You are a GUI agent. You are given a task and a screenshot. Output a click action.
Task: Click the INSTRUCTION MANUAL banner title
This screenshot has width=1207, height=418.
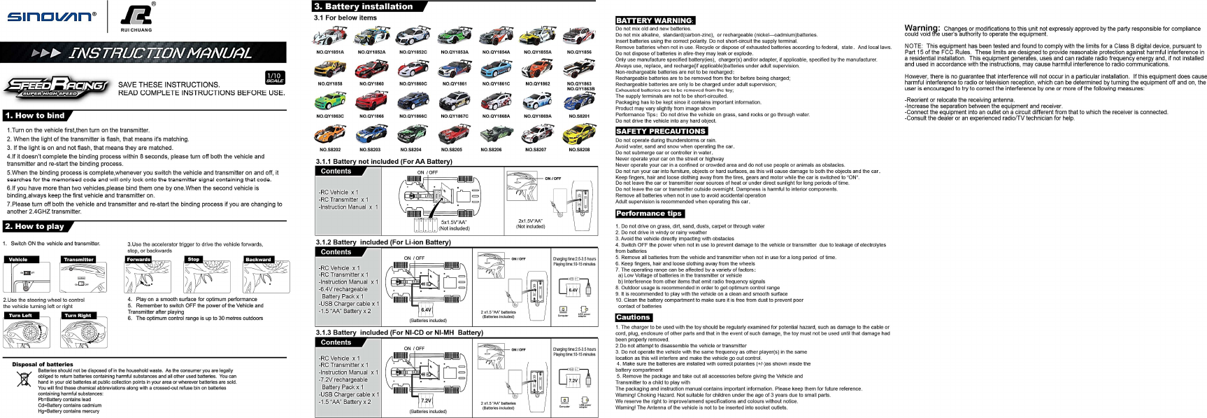click(160, 53)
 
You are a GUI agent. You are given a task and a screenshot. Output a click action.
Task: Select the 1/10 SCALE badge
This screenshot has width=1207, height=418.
click(275, 78)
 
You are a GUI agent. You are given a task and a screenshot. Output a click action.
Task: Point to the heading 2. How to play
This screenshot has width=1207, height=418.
click(34, 226)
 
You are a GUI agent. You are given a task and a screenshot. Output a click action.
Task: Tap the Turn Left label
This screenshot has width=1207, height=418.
click(20, 316)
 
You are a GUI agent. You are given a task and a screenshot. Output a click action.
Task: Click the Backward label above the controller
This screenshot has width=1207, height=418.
click(258, 260)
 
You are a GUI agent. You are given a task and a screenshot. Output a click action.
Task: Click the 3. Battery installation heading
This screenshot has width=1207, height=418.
click(364, 6)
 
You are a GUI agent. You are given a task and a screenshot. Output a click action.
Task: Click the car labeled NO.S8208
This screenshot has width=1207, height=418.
click(579, 132)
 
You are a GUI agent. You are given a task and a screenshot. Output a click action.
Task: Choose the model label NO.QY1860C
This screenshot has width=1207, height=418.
click(413, 84)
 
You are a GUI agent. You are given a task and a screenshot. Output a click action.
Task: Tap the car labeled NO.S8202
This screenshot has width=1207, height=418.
click(329, 132)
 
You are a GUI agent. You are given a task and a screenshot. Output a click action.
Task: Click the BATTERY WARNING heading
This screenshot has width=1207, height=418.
click(655, 20)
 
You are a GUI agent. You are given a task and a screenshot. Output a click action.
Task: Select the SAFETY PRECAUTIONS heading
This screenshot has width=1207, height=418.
click(661, 131)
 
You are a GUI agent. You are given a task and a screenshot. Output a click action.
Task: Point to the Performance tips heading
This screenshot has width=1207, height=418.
click(649, 214)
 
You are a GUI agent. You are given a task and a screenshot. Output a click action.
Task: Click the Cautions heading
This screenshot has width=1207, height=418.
click(633, 317)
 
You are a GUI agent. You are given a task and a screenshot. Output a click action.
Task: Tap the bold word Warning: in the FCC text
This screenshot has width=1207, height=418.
click(922, 28)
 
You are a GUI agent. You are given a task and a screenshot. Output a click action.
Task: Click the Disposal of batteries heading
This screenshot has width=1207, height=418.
click(43, 364)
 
